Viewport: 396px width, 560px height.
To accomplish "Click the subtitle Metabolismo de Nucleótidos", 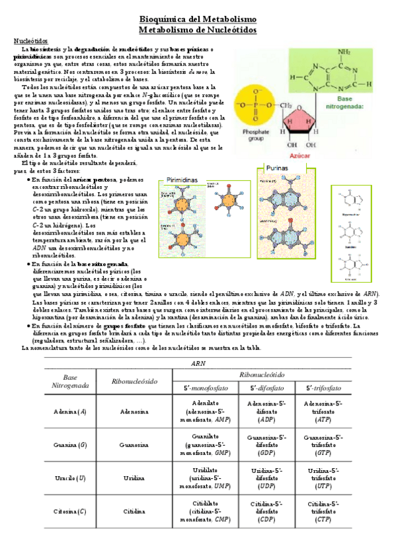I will point(198,30).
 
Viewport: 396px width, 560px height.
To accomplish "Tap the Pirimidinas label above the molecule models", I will point(182,180).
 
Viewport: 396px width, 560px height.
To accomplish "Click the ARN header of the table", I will point(198,364).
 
